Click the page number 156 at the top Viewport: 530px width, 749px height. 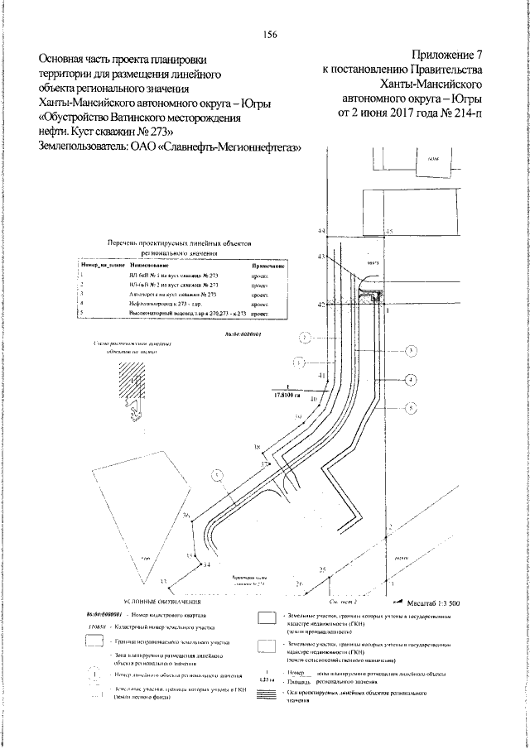click(269, 33)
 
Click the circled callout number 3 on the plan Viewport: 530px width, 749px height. click(412, 351)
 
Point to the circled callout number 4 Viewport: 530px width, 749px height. click(412, 380)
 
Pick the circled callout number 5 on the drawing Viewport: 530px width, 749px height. click(412, 407)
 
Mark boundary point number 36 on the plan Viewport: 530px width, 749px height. click(187, 516)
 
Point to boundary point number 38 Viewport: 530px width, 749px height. click(258, 447)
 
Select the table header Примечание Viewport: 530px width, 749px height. click(269, 266)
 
